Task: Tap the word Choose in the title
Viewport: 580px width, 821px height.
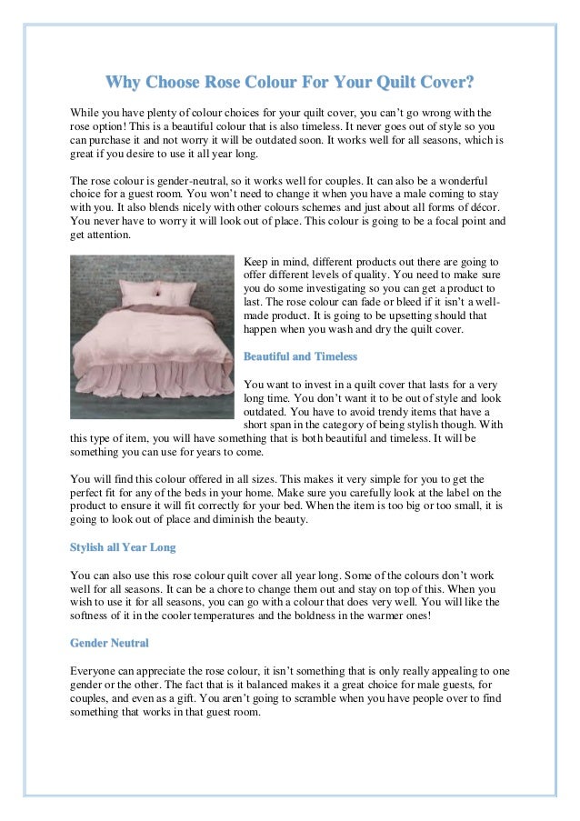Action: (179, 85)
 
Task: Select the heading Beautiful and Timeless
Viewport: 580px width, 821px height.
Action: (300, 356)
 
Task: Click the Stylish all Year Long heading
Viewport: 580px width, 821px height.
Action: (123, 547)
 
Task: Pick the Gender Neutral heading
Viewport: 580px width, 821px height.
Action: (109, 643)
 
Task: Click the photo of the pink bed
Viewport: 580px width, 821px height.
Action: (152, 336)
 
